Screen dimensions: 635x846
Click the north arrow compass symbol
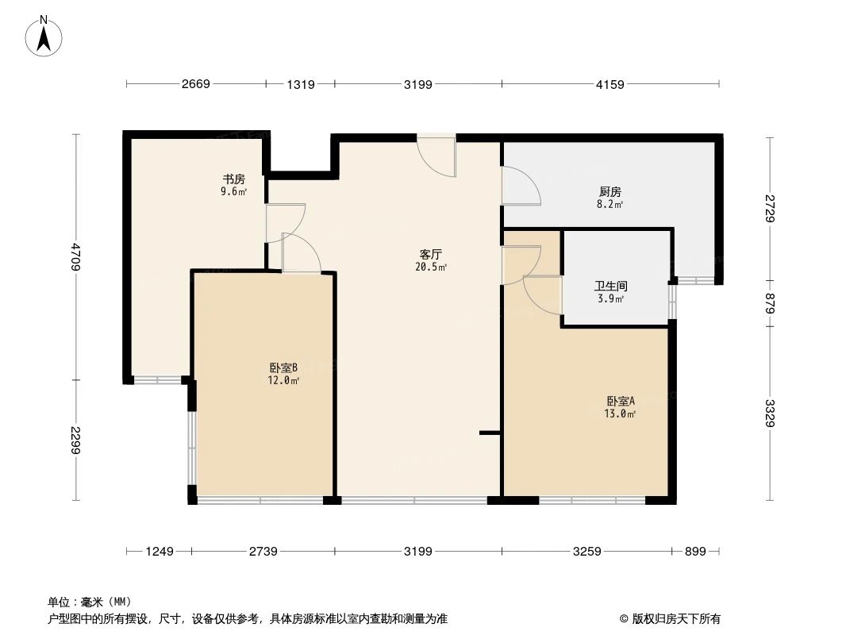coord(45,36)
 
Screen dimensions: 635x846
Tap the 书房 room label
coord(233,179)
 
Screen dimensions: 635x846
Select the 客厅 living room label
coord(430,255)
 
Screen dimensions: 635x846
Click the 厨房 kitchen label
coord(610,191)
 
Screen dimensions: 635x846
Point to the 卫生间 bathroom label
coord(610,286)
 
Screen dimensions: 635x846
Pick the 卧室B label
coord(283,368)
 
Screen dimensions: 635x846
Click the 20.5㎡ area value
coord(430,267)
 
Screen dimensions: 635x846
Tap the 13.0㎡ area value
coord(621,414)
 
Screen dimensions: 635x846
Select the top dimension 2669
coord(194,84)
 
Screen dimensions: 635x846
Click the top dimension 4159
coord(610,84)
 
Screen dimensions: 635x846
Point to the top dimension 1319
coord(299,84)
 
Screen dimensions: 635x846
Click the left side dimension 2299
coord(76,441)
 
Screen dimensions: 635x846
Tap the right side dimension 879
coord(769,304)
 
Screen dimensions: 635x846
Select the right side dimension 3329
coord(769,414)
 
